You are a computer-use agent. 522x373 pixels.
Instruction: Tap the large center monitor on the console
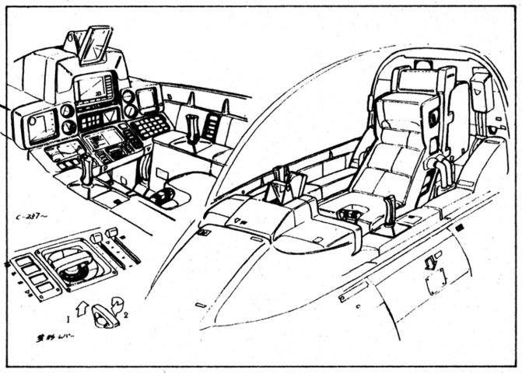click(93, 88)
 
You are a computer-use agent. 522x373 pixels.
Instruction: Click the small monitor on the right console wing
click(146, 99)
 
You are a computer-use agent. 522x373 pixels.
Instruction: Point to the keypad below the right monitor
click(151, 124)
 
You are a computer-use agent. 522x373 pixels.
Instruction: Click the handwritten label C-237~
click(33, 218)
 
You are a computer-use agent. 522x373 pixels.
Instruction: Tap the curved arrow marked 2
click(116, 300)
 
